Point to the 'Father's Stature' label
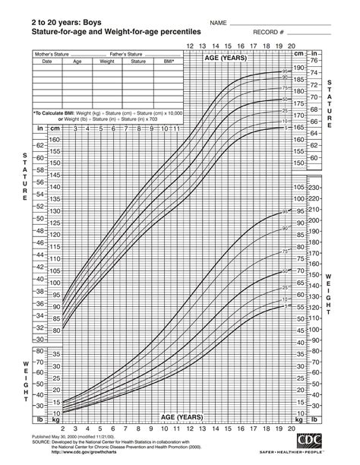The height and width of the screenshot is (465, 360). click(128, 55)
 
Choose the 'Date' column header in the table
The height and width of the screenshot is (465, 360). click(47, 62)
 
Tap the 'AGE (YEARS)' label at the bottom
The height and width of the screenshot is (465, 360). click(182, 417)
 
